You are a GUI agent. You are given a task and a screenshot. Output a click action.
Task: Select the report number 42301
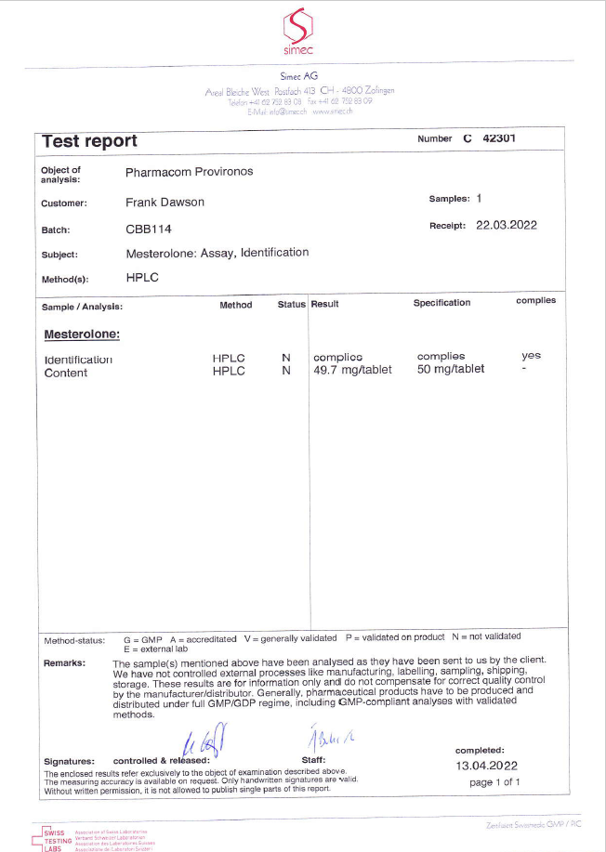[499, 138]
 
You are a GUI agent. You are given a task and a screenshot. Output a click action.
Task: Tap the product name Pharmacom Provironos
[189, 172]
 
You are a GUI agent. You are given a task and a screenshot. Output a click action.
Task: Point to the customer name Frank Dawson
[165, 202]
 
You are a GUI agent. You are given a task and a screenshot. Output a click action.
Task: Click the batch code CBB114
[149, 229]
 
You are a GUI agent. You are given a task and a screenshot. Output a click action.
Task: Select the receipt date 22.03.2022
[506, 225]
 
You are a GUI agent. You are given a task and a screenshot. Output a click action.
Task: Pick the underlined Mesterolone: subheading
[82, 334]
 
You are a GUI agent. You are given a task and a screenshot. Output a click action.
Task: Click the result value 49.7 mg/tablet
[352, 370]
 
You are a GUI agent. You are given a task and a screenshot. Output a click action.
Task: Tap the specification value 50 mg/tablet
[451, 369]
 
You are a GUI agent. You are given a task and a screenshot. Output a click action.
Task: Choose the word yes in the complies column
[531, 355]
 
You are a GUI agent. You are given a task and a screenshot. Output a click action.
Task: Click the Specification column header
[441, 303]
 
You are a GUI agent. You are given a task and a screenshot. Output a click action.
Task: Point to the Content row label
[66, 374]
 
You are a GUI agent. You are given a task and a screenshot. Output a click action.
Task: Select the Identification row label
[78, 360]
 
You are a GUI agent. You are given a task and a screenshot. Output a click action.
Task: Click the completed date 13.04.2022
[486, 766]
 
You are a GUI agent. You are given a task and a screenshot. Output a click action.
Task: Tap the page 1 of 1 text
[494, 782]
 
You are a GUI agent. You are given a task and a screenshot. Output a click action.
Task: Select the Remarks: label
[64, 663]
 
